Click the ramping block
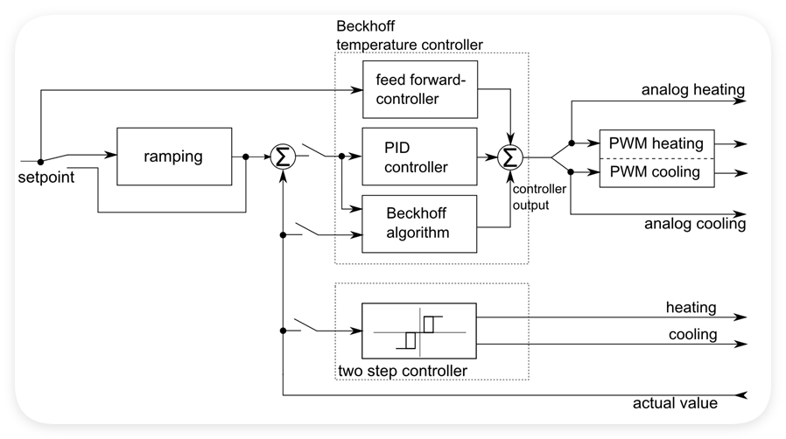pos(174,157)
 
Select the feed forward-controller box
pos(419,89)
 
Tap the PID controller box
pos(419,157)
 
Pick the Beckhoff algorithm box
pos(419,224)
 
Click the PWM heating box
pos(656,143)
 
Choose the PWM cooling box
pos(656,172)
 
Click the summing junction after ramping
pos(283,157)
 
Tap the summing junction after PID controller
pos(509,157)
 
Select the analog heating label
pos(692,89)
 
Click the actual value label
pos(675,403)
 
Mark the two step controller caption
pos(401,372)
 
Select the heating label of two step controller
pos(691,308)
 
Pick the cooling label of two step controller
pos(692,335)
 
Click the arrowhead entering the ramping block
pos(111,157)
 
